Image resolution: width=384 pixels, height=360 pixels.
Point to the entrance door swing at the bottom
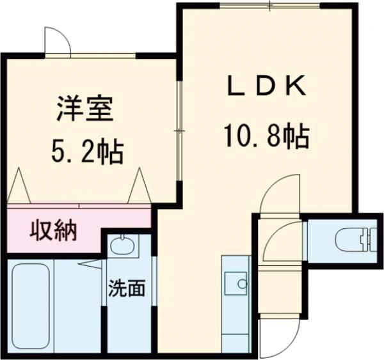280,333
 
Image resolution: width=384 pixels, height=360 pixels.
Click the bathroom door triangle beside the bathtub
90,262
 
